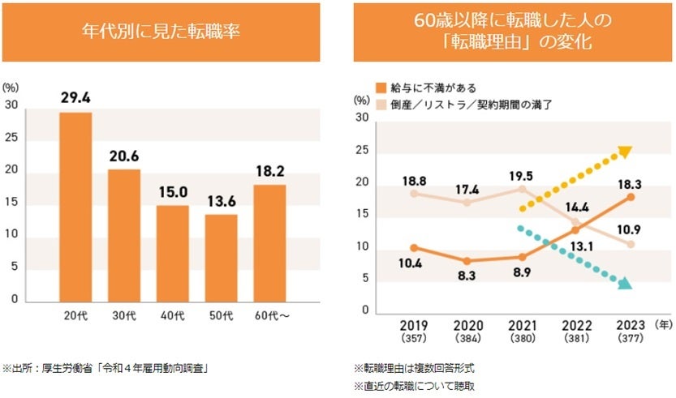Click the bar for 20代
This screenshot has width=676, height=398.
pos(75,207)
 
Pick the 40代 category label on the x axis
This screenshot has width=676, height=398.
pos(172,316)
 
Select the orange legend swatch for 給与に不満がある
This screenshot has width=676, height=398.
pos(380,88)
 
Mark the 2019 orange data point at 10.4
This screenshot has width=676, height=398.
pos(414,247)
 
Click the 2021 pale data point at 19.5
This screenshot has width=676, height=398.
pos(522,189)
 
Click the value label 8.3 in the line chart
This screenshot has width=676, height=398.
pos(467,276)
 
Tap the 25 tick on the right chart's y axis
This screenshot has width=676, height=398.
pos(362,151)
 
